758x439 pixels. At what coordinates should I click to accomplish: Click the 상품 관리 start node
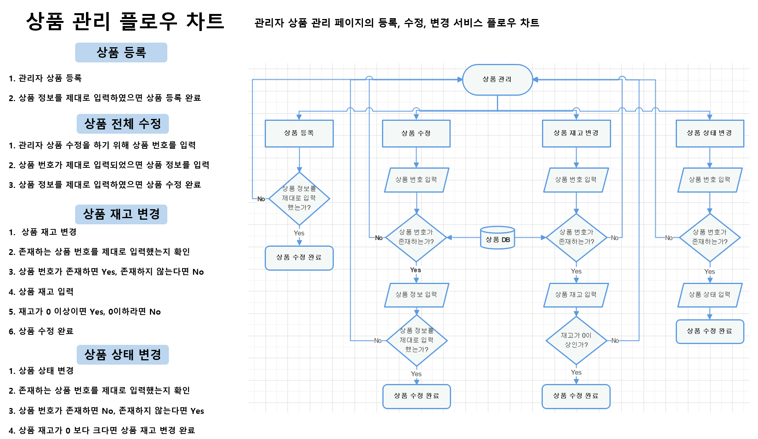(497, 79)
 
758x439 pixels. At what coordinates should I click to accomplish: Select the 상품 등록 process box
(299, 133)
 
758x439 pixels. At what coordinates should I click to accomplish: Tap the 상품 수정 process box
(416, 133)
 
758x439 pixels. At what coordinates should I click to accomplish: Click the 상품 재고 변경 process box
(576, 133)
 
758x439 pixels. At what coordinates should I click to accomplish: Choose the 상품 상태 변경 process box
(710, 133)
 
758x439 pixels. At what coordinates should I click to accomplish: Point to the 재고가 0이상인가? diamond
(576, 340)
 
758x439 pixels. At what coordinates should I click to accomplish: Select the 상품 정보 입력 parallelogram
(416, 295)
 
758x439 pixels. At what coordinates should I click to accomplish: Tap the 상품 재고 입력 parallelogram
(576, 295)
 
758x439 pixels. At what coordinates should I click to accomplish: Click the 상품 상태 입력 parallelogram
(710, 295)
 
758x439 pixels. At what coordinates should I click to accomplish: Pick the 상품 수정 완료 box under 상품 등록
(299, 258)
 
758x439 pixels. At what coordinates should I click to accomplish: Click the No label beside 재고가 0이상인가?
(615, 341)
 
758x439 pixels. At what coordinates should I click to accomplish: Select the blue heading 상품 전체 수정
(122, 124)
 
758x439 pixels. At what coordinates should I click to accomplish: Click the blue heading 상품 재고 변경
(121, 214)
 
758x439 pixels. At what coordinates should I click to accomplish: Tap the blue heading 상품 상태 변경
(122, 355)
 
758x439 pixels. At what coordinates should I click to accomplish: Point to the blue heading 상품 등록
(121, 52)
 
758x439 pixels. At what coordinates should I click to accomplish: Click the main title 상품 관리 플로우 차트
(125, 21)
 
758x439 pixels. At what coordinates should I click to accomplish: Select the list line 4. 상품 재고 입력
(41, 292)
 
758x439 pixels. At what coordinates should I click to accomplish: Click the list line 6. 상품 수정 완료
(41, 331)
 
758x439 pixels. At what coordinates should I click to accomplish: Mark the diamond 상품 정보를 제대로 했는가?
(299, 198)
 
